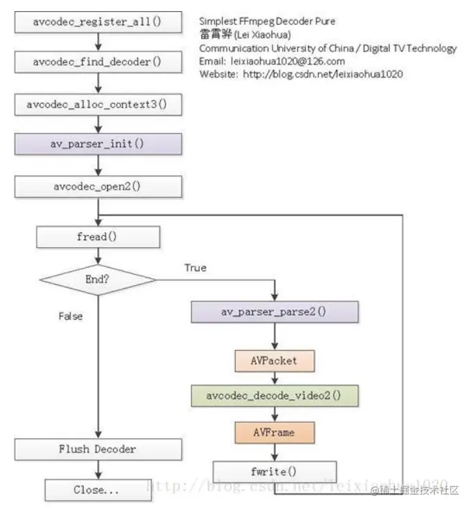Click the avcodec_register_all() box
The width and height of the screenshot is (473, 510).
tap(98, 21)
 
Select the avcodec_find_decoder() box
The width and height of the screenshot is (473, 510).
tap(98, 62)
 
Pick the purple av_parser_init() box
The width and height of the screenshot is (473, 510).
tap(98, 144)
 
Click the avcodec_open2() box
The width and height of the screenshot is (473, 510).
tap(98, 187)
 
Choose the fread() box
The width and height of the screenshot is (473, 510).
tap(98, 237)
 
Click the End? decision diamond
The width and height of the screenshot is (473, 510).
tap(98, 280)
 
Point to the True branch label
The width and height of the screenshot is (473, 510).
tap(195, 268)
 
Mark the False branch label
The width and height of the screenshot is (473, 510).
tap(71, 316)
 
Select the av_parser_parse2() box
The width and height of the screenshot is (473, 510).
tap(275, 312)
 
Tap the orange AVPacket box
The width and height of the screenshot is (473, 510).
tap(275, 361)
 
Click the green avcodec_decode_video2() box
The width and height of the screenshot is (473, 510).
tap(275, 396)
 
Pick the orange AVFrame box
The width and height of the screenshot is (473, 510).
tap(275, 432)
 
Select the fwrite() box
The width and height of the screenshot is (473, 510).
tap(275, 472)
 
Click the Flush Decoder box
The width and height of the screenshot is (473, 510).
tap(98, 449)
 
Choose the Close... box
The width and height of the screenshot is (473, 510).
tap(98, 490)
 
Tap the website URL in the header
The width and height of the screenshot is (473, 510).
tap(323, 74)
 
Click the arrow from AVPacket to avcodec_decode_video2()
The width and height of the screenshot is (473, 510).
tap(275, 378)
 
